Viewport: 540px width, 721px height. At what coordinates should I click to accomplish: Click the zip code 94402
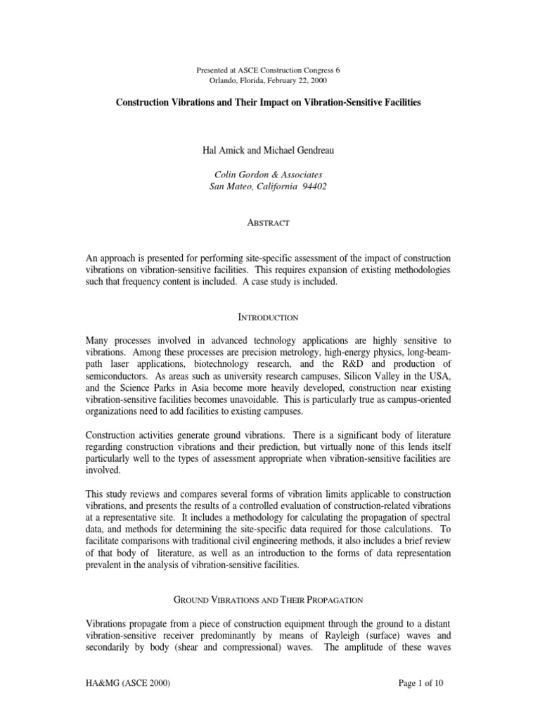(x=314, y=187)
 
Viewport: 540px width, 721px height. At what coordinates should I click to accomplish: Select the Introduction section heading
(x=271, y=318)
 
